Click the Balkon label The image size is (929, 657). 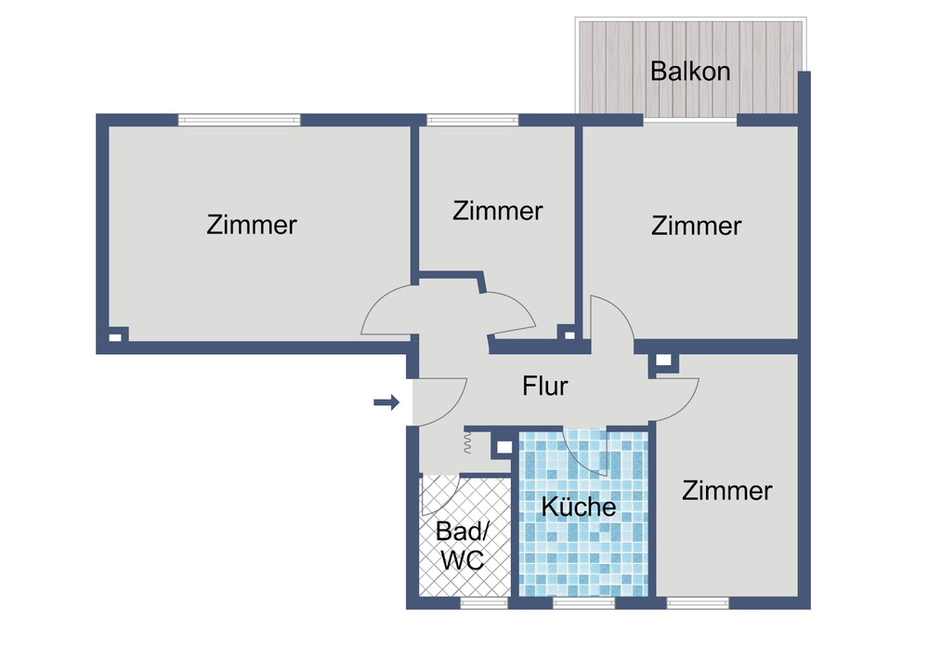[690, 72]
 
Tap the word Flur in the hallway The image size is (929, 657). [545, 386]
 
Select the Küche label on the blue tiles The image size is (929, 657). [579, 507]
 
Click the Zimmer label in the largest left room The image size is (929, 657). [252, 225]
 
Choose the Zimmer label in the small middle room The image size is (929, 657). [497, 211]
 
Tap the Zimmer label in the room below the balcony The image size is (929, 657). [696, 226]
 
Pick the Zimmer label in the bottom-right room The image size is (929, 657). [726, 491]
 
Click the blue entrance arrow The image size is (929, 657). [386, 402]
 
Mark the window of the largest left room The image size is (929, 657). [240, 120]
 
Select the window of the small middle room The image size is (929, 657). [472, 120]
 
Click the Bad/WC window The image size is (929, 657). [484, 603]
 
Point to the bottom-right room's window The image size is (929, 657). [698, 603]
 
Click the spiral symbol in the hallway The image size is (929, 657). [467, 445]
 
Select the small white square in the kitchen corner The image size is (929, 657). [503, 447]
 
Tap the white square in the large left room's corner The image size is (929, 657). [115, 337]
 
